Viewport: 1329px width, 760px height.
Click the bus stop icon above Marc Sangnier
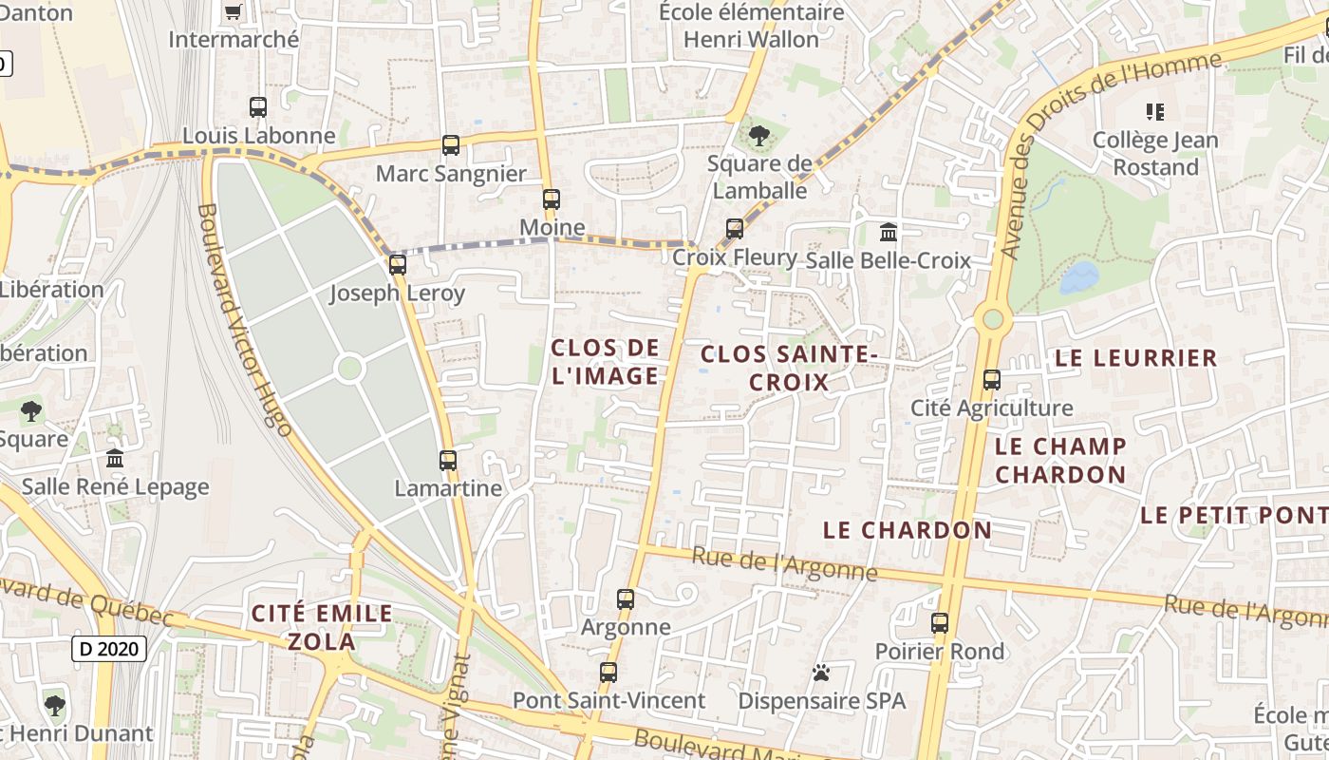pyautogui.click(x=451, y=145)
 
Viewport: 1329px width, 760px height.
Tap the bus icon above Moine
pyautogui.click(x=552, y=199)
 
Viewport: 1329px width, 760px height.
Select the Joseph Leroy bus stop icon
pyautogui.click(x=398, y=265)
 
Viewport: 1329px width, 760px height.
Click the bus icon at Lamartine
pyautogui.click(x=448, y=461)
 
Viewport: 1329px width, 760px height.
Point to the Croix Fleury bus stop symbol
pyautogui.click(x=735, y=229)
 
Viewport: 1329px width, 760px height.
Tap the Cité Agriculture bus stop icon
pyautogui.click(x=992, y=380)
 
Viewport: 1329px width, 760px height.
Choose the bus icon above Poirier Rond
pyautogui.click(x=940, y=623)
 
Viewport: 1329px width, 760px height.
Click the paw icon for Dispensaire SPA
pyautogui.click(x=821, y=674)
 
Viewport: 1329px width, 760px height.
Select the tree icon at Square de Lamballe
pyautogui.click(x=758, y=136)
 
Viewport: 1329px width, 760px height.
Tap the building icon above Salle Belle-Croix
pyautogui.click(x=889, y=232)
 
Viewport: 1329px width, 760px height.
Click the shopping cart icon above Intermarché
pyautogui.click(x=233, y=12)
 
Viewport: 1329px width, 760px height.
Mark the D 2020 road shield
pyautogui.click(x=109, y=650)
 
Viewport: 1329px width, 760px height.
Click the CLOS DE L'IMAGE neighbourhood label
pyautogui.click(x=605, y=362)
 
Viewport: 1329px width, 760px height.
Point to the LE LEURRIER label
pyautogui.click(x=1135, y=358)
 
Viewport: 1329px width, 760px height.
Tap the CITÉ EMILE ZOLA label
pyautogui.click(x=321, y=627)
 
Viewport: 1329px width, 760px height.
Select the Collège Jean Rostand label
pyautogui.click(x=1155, y=154)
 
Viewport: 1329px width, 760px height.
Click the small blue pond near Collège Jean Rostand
pyautogui.click(x=1078, y=277)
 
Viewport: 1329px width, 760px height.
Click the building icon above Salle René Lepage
pyautogui.click(x=115, y=459)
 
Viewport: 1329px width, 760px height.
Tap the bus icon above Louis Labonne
pyautogui.click(x=258, y=107)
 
